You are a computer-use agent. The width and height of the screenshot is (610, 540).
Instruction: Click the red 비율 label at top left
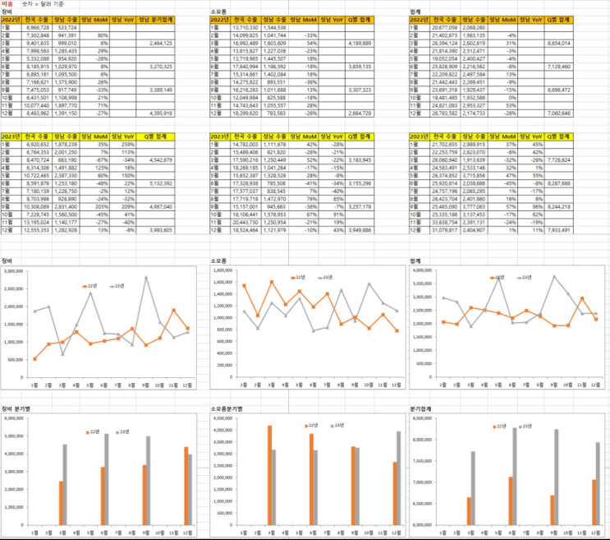[7, 4]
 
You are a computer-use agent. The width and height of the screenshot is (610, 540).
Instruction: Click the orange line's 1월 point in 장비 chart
[34, 359]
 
